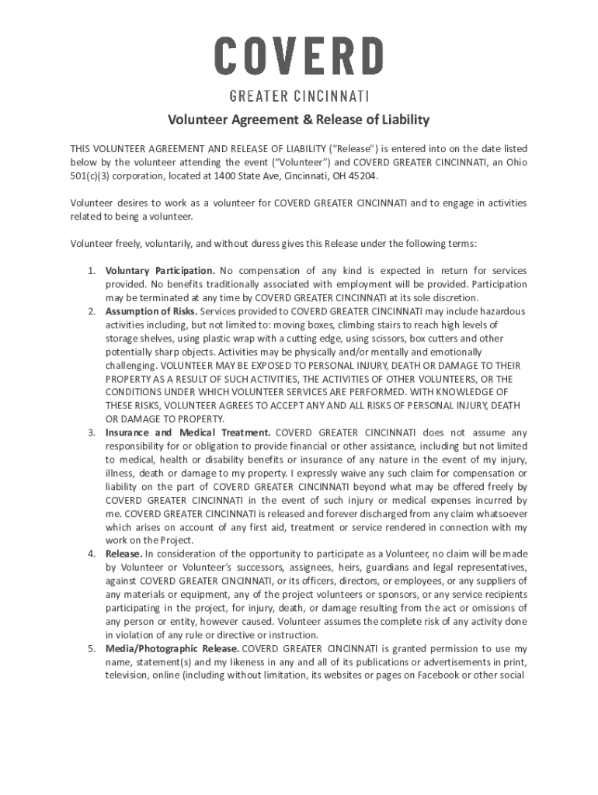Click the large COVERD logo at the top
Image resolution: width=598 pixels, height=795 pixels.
(299, 57)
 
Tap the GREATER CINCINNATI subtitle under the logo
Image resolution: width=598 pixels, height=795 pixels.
(299, 96)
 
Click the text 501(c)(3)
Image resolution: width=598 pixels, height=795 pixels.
(92, 176)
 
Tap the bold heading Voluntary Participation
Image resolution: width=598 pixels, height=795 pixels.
(160, 271)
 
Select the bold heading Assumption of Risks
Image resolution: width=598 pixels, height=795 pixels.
(151, 311)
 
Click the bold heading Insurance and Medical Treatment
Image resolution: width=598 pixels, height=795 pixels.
(188, 432)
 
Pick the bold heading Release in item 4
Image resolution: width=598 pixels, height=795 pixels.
(123, 554)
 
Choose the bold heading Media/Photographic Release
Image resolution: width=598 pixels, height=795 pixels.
(172, 648)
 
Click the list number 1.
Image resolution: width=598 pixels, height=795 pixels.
(90, 271)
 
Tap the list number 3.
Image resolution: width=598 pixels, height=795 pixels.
(90, 432)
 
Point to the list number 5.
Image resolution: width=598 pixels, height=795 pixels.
(90, 648)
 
